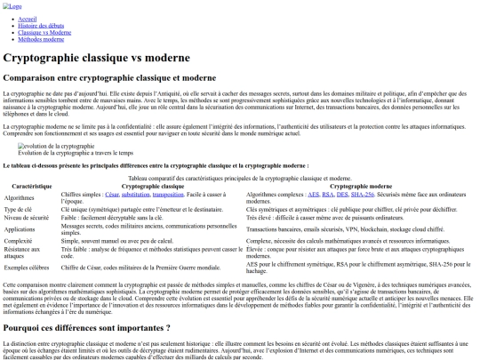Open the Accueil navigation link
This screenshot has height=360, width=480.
tap(28, 19)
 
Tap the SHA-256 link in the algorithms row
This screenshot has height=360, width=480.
tap(363, 193)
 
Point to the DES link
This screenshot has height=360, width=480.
tap(342, 193)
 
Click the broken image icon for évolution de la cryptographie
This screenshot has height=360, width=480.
tap(23, 146)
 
